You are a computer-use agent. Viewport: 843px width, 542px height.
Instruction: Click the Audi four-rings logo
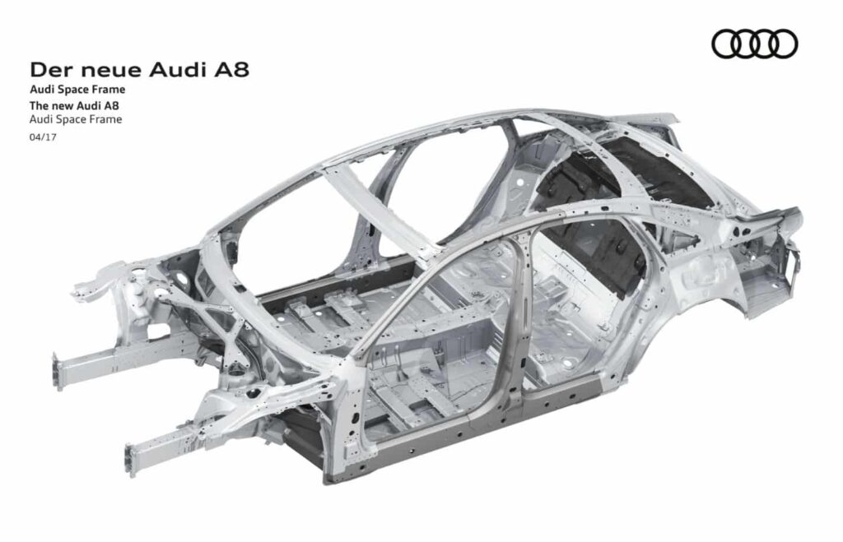(x=754, y=44)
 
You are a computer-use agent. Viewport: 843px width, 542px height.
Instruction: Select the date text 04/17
(x=43, y=137)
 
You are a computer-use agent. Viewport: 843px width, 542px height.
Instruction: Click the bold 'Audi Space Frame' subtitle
(x=77, y=89)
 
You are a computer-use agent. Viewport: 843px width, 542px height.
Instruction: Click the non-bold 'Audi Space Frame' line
(x=76, y=119)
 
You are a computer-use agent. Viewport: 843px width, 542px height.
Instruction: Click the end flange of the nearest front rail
(x=131, y=460)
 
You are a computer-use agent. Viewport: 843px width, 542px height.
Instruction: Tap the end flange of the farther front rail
(x=57, y=371)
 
